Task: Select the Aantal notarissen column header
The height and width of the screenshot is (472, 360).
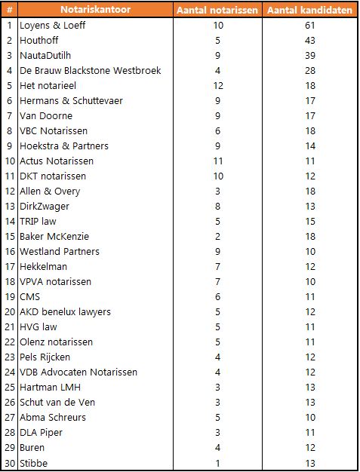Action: tap(217, 11)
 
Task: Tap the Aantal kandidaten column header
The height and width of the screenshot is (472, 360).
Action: tap(309, 11)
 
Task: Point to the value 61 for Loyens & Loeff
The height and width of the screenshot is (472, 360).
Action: tap(309, 26)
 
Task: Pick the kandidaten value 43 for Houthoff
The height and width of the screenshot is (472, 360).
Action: tap(309, 41)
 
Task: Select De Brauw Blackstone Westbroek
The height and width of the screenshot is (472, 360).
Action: tap(90, 71)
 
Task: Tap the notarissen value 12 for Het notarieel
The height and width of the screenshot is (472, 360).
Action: tap(218, 86)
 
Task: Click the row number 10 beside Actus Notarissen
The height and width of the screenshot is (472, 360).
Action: tap(10, 161)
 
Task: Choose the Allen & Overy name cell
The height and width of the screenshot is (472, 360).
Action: tap(50, 192)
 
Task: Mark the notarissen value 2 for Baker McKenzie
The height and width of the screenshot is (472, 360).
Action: tap(218, 237)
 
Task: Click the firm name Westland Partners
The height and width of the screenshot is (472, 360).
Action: tap(60, 252)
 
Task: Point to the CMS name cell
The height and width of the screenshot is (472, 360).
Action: tap(30, 297)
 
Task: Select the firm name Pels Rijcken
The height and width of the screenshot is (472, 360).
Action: tap(45, 357)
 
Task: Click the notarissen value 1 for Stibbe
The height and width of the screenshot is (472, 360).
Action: tap(218, 463)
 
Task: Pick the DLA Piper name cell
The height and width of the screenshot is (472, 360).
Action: tap(42, 433)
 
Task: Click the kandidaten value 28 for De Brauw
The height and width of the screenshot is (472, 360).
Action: tap(309, 71)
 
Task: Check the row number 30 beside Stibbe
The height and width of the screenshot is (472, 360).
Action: tap(10, 463)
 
